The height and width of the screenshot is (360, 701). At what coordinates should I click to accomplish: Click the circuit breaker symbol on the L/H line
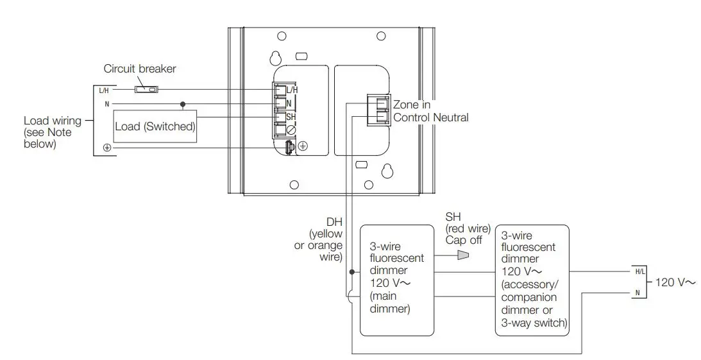[x=146, y=90]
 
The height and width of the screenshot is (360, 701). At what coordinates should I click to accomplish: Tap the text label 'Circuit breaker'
[x=140, y=69]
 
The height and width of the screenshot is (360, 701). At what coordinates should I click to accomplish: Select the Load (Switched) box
[x=155, y=126]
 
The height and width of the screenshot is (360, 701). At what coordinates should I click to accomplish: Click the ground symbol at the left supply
[x=106, y=148]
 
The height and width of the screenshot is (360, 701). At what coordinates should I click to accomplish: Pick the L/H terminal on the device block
[x=280, y=90]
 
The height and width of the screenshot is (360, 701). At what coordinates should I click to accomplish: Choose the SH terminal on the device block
[x=280, y=117]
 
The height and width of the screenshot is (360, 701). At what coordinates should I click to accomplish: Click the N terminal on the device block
[x=280, y=103]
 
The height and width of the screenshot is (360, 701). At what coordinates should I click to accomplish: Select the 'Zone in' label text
[x=411, y=105]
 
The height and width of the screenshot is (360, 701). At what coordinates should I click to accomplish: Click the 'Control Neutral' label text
[x=431, y=117]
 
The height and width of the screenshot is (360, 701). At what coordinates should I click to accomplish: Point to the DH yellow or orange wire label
[x=326, y=239]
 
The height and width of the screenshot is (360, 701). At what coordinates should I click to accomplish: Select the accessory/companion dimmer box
[x=532, y=280]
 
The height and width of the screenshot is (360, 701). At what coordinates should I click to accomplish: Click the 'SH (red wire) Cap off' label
[x=468, y=228]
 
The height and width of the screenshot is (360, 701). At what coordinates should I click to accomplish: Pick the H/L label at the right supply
[x=639, y=271]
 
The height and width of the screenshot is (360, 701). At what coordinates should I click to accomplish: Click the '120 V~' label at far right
[x=675, y=282]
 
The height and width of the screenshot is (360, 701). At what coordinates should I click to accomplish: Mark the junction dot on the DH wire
[x=351, y=272]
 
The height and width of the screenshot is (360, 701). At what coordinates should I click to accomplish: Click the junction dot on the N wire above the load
[x=184, y=103]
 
